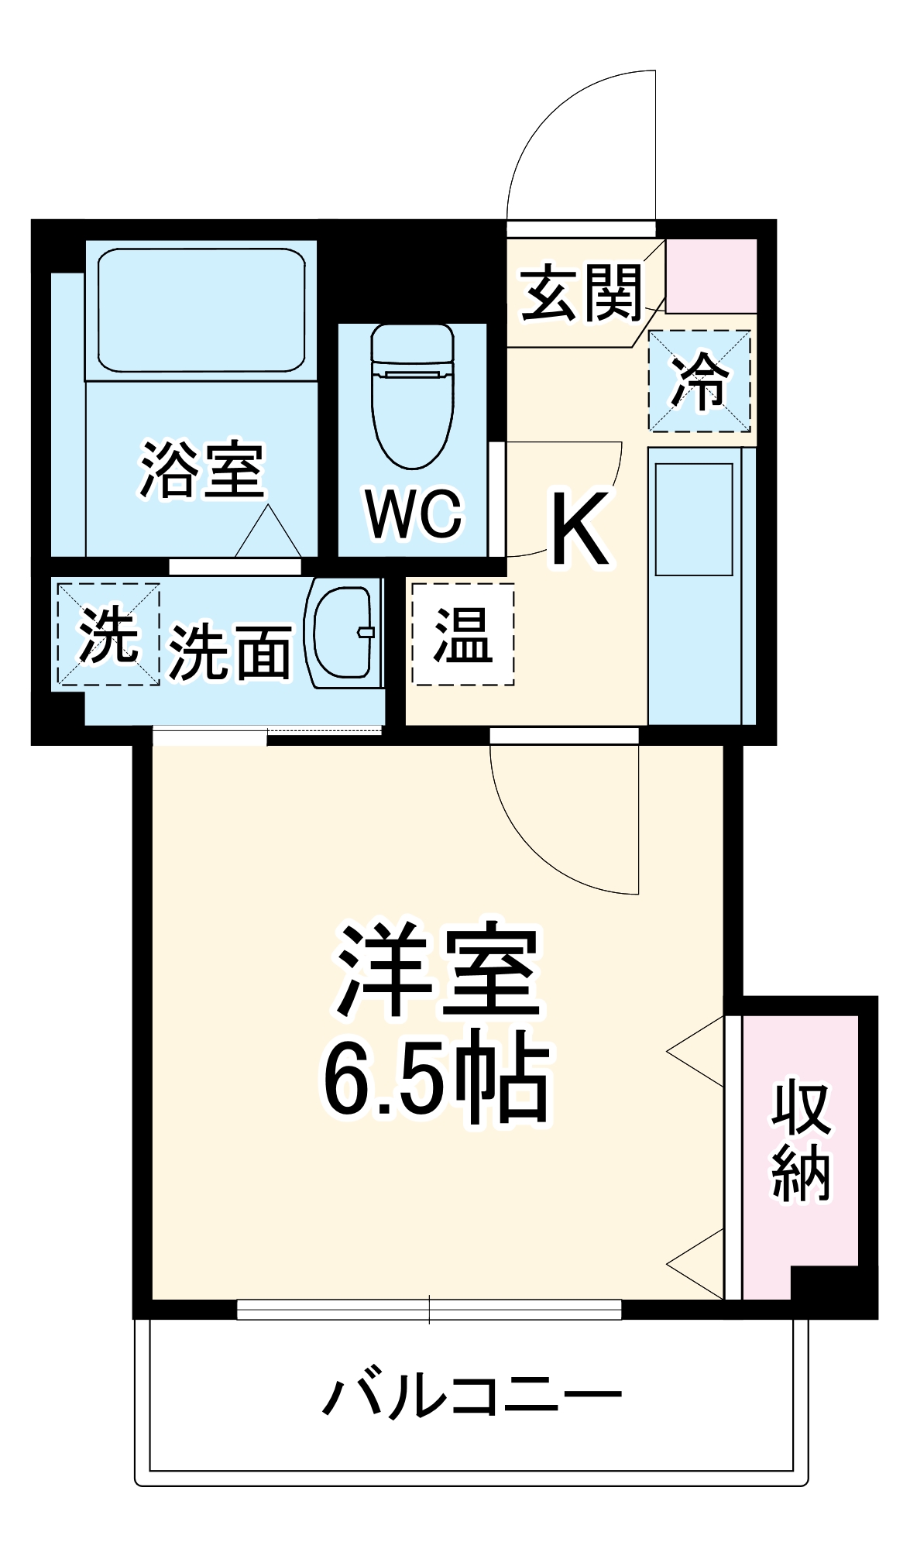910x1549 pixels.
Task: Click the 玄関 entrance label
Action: pyautogui.click(x=581, y=293)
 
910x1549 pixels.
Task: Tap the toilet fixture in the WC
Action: pyautogui.click(x=412, y=395)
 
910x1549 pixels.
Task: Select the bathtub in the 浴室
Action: pyautogui.click(x=201, y=310)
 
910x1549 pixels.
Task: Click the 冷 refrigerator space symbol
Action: pyautogui.click(x=699, y=380)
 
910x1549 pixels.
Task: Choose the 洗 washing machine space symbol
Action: pyautogui.click(x=108, y=634)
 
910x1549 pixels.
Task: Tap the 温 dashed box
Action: pyautogui.click(x=462, y=634)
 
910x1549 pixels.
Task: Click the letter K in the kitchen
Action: pyautogui.click(x=580, y=529)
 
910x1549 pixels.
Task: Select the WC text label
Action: pyautogui.click(x=414, y=513)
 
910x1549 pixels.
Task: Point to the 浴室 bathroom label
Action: pyautogui.click(x=202, y=469)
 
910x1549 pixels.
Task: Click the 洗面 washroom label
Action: pyautogui.click(x=230, y=652)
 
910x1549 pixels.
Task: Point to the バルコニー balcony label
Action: pyautogui.click(x=472, y=1396)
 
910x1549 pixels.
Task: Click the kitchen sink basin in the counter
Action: pyautogui.click(x=694, y=519)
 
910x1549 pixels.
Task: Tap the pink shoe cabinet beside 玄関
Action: pyautogui.click(x=711, y=276)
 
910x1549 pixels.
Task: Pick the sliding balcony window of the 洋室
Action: pyautogui.click(x=429, y=1309)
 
